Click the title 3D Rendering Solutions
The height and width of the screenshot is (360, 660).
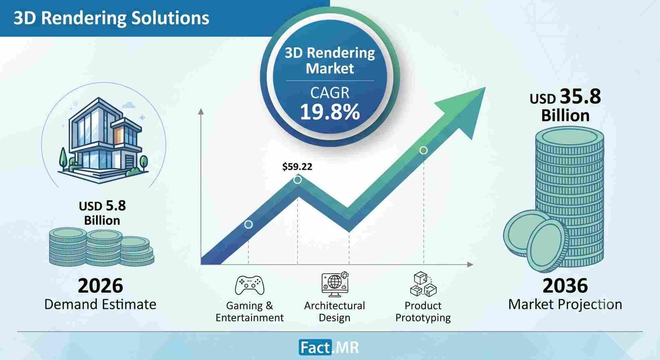[111, 18]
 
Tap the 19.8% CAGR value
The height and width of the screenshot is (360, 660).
[330, 112]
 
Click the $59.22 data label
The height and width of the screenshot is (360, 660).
[297, 167]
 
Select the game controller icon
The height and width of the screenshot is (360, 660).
[250, 285]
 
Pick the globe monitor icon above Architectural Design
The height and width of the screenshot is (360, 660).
[335, 284]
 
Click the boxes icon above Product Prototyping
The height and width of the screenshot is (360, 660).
[423, 284]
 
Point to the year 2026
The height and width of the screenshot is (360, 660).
[100, 285]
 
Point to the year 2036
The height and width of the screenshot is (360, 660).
[565, 285]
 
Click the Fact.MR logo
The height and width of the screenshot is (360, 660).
[329, 347]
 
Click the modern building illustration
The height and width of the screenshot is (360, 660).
[104, 141]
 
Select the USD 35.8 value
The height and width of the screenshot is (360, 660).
[565, 97]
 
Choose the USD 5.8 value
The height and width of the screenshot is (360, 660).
[102, 206]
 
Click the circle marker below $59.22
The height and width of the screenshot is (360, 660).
[297, 179]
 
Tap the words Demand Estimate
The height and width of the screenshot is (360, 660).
[100, 304]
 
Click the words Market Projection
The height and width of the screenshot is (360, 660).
[565, 304]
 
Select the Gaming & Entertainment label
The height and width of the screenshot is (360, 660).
[250, 312]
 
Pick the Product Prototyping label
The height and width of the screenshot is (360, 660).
[423, 312]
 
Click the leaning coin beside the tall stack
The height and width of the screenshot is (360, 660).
[547, 246]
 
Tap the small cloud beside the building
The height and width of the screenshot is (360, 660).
[128, 105]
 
